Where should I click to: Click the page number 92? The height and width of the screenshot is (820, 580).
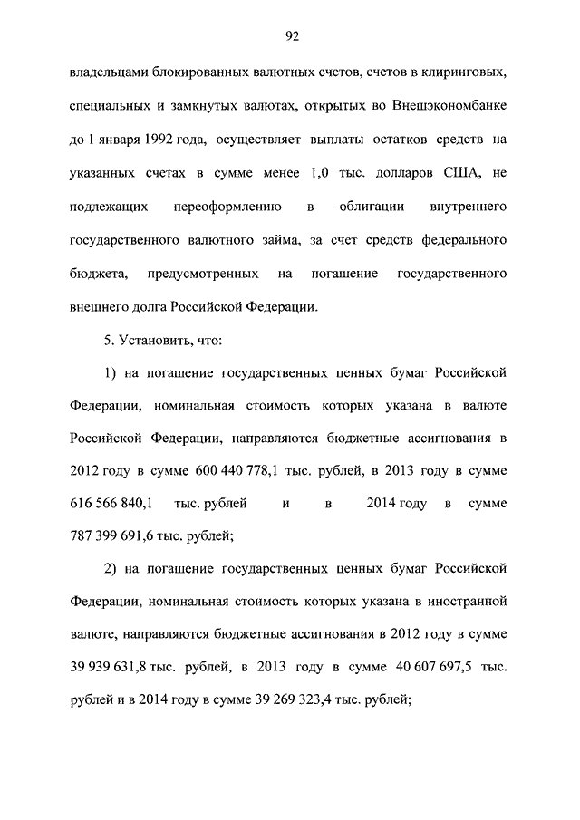(291, 36)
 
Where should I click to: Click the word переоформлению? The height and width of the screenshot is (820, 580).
(225, 207)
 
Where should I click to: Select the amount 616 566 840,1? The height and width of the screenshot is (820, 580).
(110, 503)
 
